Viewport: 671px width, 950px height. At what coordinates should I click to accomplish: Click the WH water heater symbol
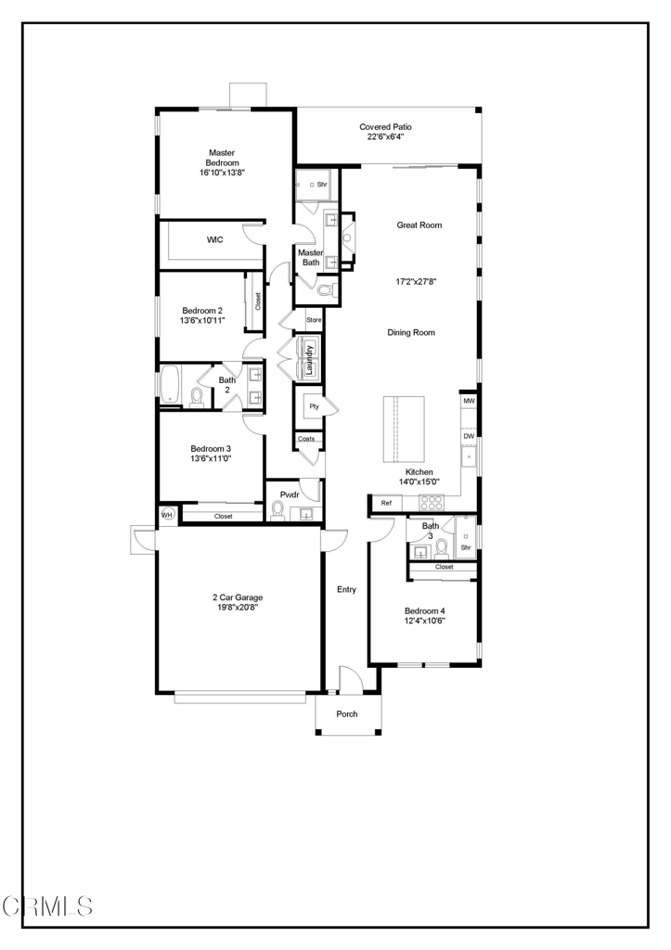click(167, 514)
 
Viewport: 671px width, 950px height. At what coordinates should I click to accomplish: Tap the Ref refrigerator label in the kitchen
click(386, 503)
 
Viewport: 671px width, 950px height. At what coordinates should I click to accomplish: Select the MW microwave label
click(469, 401)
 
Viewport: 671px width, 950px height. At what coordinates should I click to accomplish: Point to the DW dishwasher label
click(469, 436)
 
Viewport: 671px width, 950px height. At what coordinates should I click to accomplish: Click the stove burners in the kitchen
click(432, 502)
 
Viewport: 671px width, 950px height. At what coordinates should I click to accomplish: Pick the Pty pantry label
click(314, 406)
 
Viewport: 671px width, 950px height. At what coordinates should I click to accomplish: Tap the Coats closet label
click(306, 439)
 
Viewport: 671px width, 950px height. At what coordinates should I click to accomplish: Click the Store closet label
click(314, 320)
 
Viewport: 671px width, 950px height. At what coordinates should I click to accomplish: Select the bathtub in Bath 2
click(170, 385)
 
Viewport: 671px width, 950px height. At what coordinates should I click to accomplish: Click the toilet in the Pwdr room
click(278, 512)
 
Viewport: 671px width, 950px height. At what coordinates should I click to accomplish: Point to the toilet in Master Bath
click(327, 290)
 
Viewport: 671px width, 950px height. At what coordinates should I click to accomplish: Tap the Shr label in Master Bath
click(322, 185)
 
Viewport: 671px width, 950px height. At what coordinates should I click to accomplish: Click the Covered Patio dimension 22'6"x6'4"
click(385, 137)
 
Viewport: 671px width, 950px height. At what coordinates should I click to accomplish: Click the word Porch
click(347, 713)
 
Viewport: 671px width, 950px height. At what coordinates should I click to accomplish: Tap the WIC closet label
click(215, 240)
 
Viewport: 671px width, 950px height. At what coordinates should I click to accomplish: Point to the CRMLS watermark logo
click(47, 906)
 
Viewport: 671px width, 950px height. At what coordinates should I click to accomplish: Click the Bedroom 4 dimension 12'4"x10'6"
click(425, 621)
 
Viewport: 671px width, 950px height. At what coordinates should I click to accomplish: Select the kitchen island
click(404, 430)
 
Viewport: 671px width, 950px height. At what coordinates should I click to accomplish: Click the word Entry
click(347, 589)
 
